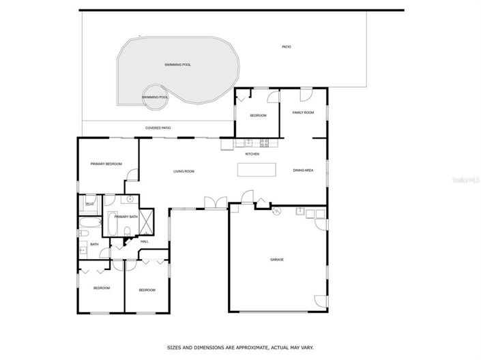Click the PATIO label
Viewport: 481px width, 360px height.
click(287, 47)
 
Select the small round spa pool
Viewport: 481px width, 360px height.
click(155, 96)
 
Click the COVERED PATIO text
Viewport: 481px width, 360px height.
click(158, 128)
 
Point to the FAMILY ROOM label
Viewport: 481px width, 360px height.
click(303, 112)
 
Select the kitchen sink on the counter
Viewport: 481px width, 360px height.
click(248, 143)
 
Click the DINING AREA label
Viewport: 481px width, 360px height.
click(303, 170)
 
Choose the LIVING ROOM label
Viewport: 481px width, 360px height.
click(184, 171)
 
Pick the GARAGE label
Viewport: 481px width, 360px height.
click(276, 260)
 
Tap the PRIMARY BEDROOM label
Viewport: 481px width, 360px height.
click(106, 164)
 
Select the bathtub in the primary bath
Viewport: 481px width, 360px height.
click(113, 224)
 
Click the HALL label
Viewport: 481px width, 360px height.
click(145, 241)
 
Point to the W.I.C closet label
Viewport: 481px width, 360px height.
click(89, 203)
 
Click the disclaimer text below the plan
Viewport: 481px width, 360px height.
click(239, 346)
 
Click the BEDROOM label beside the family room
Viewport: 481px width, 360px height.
click(257, 116)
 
